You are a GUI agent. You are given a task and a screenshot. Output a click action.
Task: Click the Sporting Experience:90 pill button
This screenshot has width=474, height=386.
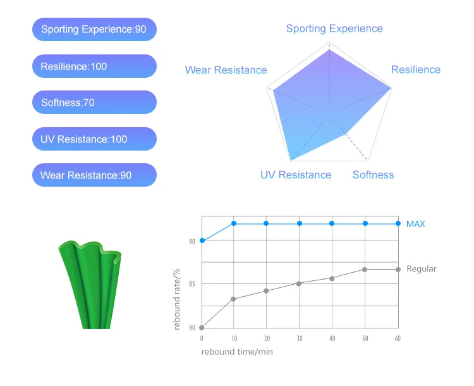[94, 29]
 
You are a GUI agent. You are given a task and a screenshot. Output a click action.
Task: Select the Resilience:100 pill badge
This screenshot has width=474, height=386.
[94, 66]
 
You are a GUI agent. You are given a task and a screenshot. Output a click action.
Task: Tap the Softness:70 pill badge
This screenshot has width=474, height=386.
[94, 102]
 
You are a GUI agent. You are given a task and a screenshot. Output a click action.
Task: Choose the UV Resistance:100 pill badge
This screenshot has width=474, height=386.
[94, 139]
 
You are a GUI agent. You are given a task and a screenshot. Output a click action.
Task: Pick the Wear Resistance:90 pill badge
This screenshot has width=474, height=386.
[94, 175]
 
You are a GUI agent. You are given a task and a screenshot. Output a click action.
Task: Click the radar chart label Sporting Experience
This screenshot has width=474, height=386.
[334, 28]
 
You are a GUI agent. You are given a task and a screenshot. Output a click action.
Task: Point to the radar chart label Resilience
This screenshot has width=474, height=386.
[415, 70]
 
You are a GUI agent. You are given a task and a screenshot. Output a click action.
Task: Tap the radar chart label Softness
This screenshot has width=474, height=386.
[373, 175]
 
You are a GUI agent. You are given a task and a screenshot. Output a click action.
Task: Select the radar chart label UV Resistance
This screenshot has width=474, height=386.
[296, 175]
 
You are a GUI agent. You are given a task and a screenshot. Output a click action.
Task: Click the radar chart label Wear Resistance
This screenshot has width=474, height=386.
[226, 70]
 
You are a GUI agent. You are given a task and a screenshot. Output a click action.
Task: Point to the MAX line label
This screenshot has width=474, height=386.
[415, 223]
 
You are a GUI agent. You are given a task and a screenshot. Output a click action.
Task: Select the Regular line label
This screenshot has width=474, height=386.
[421, 269]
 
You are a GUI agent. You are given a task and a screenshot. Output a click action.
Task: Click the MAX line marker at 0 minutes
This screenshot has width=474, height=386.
[202, 240]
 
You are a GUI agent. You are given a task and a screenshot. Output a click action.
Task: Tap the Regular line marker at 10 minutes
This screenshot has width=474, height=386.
[234, 299]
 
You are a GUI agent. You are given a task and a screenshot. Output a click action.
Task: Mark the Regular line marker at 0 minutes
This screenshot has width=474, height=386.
[202, 327]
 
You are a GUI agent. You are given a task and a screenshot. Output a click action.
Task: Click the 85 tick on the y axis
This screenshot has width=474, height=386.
[192, 284]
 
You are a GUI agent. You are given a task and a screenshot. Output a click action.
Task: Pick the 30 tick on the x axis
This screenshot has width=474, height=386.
[300, 339]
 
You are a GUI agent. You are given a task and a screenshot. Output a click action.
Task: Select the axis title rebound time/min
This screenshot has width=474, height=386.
[237, 352]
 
